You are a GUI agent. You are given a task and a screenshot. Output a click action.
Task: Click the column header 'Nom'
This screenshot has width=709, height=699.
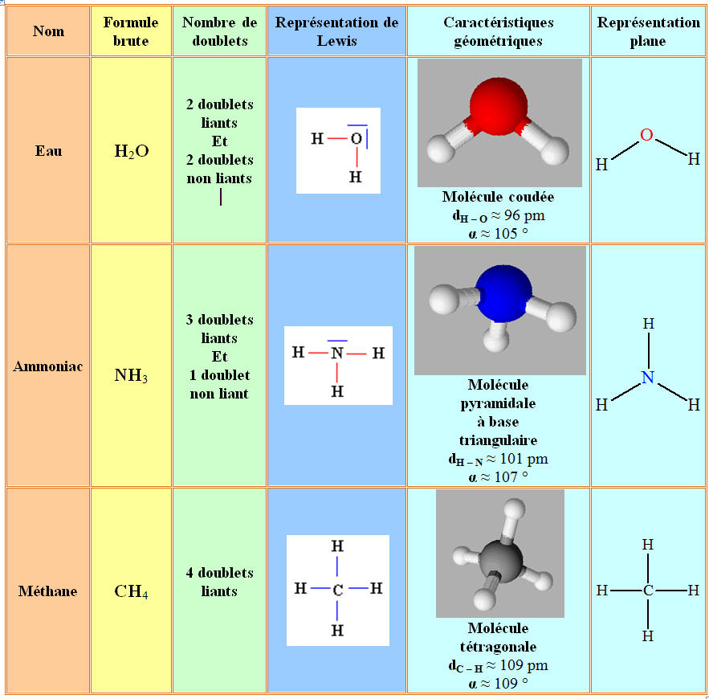(48, 31)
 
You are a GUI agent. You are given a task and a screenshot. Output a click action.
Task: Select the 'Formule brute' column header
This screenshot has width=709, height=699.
(131, 31)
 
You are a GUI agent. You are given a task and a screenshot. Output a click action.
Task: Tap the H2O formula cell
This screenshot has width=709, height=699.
(132, 150)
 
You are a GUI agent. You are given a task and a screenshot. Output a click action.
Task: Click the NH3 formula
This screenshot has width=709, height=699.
(131, 375)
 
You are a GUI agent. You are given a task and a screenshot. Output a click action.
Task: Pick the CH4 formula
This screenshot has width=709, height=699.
(131, 592)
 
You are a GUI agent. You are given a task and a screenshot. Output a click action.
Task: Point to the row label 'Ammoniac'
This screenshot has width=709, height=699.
(48, 366)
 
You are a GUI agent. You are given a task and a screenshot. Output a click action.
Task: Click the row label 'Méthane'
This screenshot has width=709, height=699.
(48, 591)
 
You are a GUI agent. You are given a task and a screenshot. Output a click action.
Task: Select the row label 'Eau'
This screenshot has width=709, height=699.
(48, 150)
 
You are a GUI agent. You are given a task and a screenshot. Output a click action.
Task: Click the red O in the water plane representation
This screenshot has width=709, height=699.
(646, 135)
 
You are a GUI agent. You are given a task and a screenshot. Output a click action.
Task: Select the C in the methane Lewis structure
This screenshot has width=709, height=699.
(337, 589)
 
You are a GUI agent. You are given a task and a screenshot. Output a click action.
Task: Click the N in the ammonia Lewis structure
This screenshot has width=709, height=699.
(337, 353)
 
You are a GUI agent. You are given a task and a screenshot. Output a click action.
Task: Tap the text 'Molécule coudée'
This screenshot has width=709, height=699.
(498, 197)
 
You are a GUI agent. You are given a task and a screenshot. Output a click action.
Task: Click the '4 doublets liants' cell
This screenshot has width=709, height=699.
(219, 582)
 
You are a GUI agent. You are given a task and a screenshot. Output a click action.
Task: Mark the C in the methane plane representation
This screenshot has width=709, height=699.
(648, 591)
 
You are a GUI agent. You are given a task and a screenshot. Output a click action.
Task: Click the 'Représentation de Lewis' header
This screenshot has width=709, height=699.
(336, 31)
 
